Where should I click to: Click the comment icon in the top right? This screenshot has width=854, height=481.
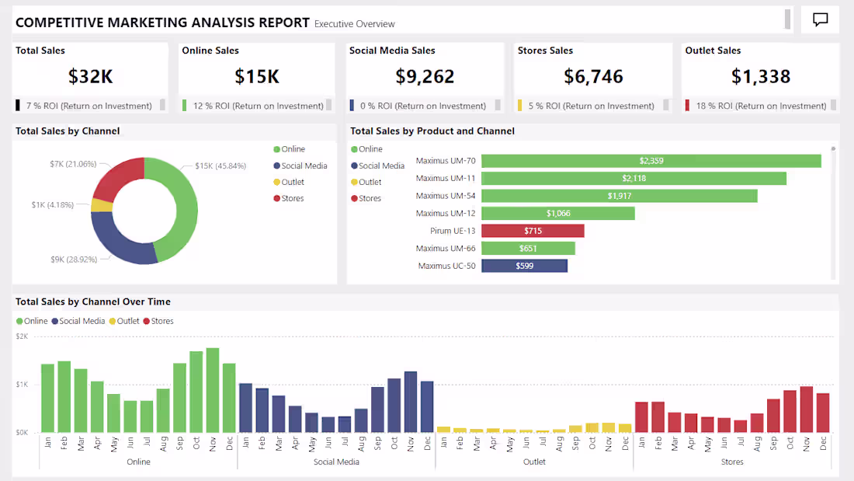coord(820,20)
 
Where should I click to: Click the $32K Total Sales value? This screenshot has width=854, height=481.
coord(90,76)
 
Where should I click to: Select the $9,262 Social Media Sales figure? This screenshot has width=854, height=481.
coord(425,76)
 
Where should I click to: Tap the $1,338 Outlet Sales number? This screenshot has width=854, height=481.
coord(760,76)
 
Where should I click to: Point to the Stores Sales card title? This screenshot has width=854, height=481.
coord(545,51)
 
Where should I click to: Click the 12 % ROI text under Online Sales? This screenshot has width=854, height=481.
coord(256,106)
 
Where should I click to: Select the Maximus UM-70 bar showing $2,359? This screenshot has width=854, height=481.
coord(651,161)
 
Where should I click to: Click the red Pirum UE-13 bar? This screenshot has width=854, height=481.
coord(533,231)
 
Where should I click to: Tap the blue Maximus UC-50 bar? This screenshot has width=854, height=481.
coord(524,266)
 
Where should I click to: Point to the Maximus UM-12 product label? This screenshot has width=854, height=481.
coord(446,213)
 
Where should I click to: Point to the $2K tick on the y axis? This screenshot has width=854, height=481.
coord(22,336)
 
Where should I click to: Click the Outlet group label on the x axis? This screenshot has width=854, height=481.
coord(534,462)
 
